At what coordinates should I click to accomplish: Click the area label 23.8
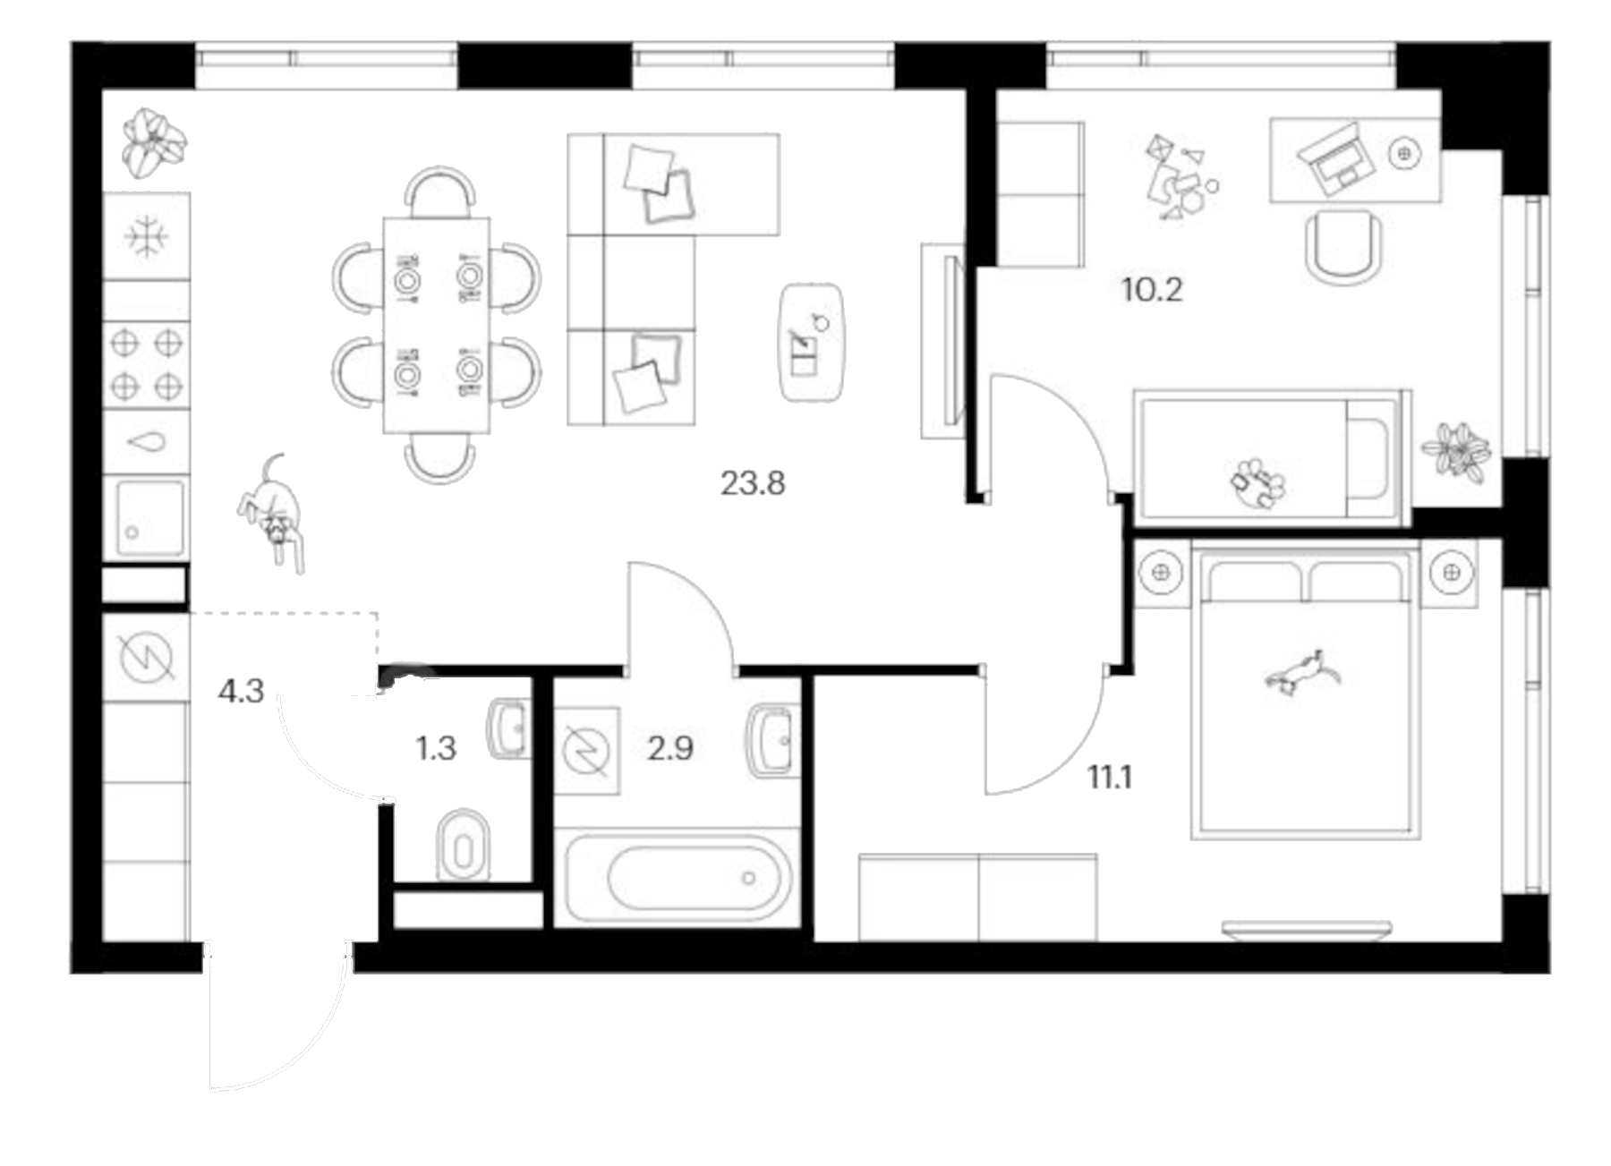pyautogui.click(x=753, y=484)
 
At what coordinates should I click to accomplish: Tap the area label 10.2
pyautogui.click(x=1152, y=290)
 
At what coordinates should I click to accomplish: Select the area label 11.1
pyautogui.click(x=1110, y=778)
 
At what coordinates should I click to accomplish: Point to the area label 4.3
pyautogui.click(x=241, y=691)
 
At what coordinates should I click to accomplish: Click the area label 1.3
pyautogui.click(x=436, y=748)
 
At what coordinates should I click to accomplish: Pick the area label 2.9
pyautogui.click(x=669, y=748)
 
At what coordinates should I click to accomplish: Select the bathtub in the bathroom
pyautogui.click(x=678, y=877)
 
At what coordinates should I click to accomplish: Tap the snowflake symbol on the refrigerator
pyautogui.click(x=146, y=236)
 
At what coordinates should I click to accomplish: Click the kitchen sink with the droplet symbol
pyautogui.click(x=146, y=442)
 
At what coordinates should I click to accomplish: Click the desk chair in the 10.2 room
pyautogui.click(x=1343, y=246)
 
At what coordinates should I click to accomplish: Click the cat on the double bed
pyautogui.click(x=1302, y=671)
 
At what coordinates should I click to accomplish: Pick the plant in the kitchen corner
pyautogui.click(x=154, y=143)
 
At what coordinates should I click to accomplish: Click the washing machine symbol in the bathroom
pyautogui.click(x=586, y=751)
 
